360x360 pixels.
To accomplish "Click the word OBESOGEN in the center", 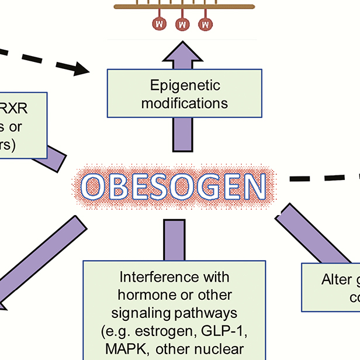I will coord(174,186).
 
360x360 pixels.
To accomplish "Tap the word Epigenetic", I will coord(185,86).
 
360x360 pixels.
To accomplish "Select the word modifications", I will coord(185,103).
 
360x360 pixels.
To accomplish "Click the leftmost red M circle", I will coord(159,24).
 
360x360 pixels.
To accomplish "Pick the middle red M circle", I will coord(182,24).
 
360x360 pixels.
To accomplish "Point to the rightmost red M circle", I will coord(205,24).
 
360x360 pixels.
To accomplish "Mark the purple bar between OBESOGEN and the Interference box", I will coord(174,240).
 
